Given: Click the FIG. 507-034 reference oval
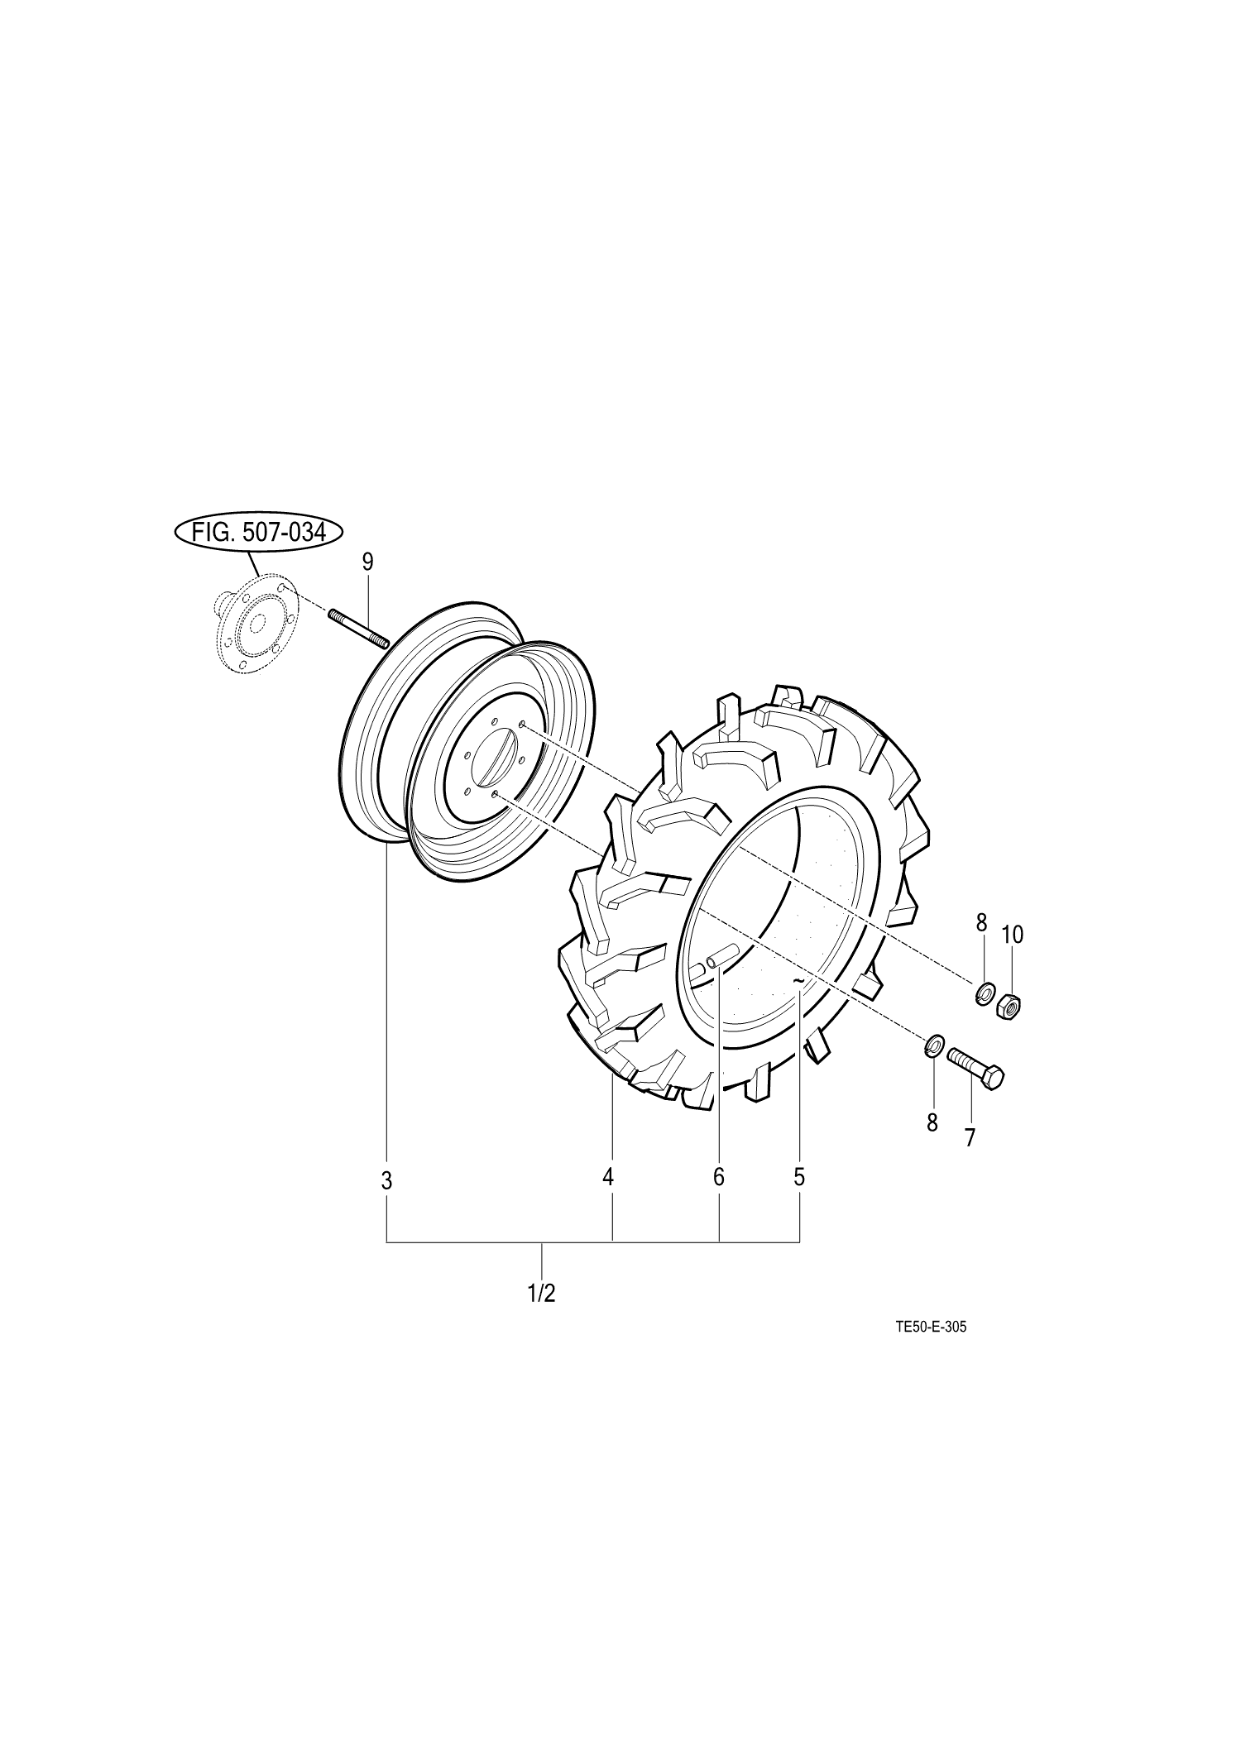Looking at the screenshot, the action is tap(257, 533).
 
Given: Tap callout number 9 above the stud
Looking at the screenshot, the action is tap(367, 562).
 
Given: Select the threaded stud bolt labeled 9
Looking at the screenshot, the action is tap(359, 629).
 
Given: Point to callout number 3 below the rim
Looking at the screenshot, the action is tap(386, 1181).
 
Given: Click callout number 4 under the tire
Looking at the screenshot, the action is tap(608, 1177).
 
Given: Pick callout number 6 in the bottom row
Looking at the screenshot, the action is tap(718, 1177).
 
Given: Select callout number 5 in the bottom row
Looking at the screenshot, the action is tap(799, 1177).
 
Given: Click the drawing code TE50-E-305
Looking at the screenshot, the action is tap(932, 1350).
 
